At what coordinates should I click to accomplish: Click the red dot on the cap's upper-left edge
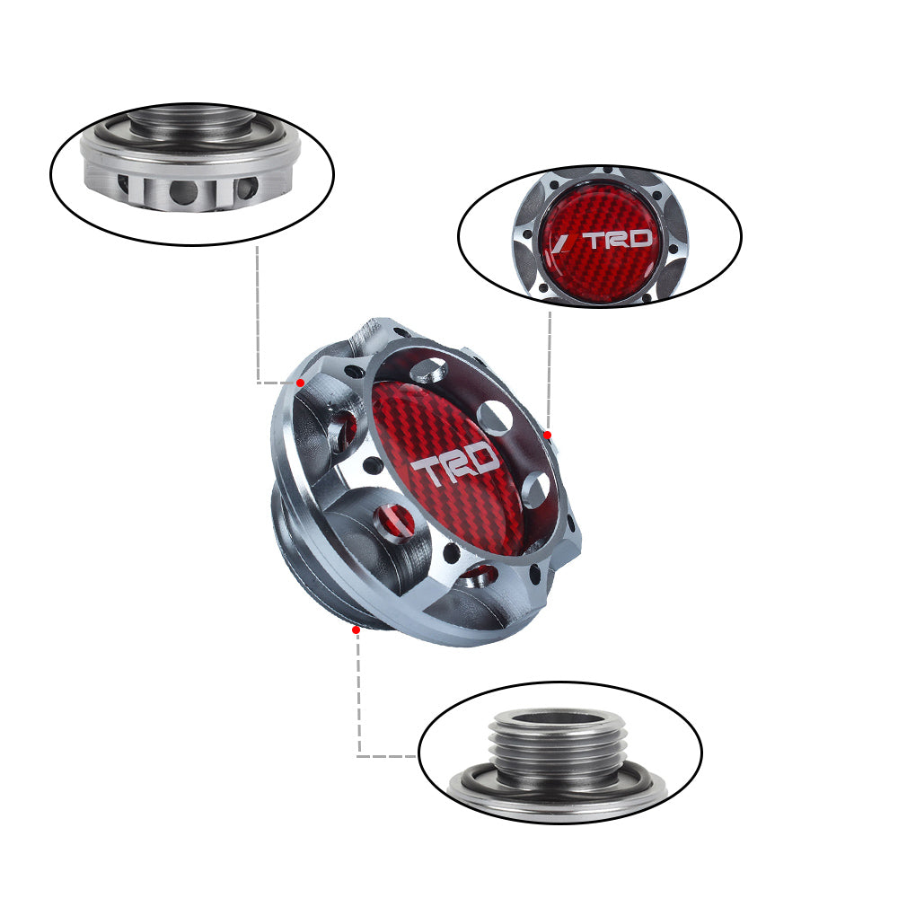[x=301, y=383]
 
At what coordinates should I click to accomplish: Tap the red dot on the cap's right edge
[x=548, y=435]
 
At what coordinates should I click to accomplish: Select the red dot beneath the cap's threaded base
[x=356, y=629]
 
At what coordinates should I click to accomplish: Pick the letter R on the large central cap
[x=455, y=465]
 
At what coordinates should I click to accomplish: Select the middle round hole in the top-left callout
[x=184, y=190]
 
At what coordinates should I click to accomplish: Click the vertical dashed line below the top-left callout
[x=257, y=314]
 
